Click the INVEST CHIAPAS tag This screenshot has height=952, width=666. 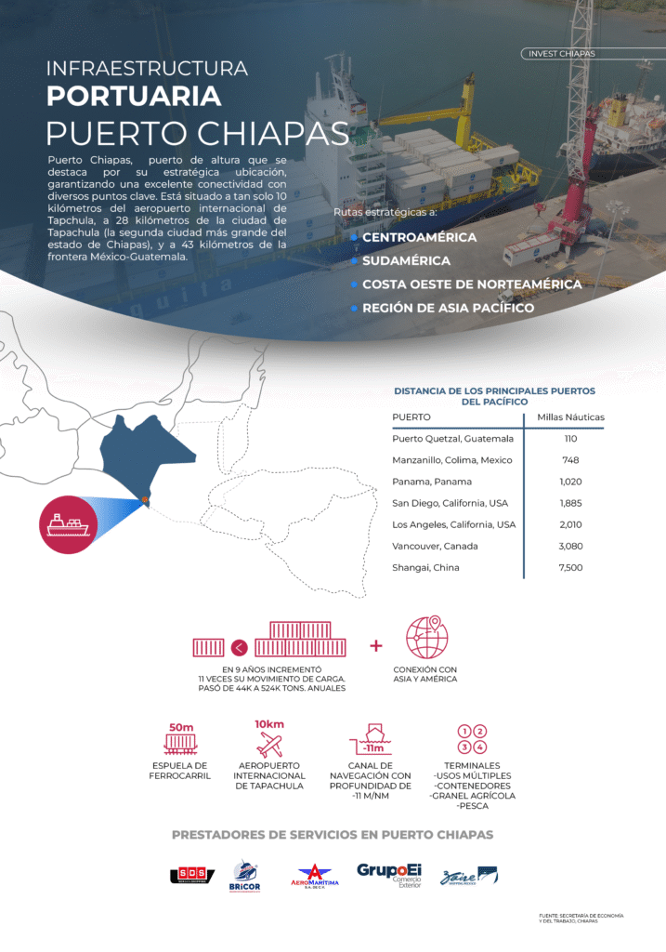point(561,54)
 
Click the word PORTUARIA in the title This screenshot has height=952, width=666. point(134,96)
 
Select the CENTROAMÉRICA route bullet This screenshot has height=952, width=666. point(419,237)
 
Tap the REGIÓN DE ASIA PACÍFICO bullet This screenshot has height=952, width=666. point(448,308)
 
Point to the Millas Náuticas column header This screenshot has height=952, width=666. point(570,417)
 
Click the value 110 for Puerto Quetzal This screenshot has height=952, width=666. point(570,439)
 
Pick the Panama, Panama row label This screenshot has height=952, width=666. point(432,482)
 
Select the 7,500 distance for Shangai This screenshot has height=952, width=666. point(570,567)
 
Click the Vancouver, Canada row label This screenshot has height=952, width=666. point(435,546)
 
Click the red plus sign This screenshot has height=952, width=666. point(376,645)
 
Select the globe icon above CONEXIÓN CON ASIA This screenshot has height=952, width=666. point(427,637)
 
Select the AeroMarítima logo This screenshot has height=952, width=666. point(315,876)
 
